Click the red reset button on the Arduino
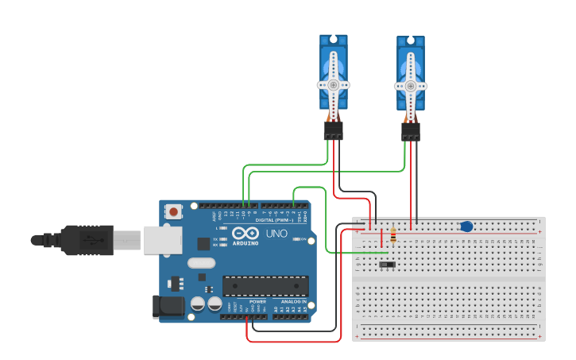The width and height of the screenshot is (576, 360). click(173, 211)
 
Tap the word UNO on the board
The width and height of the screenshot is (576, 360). click(276, 234)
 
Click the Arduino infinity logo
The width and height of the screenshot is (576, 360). click(247, 233)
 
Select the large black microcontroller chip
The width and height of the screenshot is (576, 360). click(265, 286)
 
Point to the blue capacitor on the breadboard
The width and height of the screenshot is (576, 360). click(466, 226)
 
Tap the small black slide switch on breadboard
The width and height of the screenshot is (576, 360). click(388, 265)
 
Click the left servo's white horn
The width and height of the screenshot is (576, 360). click(334, 84)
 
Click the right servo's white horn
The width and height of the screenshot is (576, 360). click(410, 85)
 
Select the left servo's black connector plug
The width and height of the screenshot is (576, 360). click(334, 130)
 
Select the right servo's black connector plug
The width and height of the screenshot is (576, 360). click(411, 130)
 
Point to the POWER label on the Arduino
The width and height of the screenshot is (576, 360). click(257, 302)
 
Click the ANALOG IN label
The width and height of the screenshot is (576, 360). click(292, 302)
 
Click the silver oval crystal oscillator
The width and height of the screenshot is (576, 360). click(202, 262)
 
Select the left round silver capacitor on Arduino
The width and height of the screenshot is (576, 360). click(198, 303)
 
